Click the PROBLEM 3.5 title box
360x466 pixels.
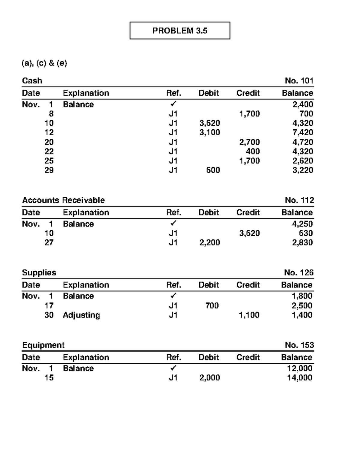pos(180,31)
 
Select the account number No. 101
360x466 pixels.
pos(299,81)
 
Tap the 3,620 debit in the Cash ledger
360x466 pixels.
pos(209,123)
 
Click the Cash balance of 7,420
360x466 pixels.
pos(303,132)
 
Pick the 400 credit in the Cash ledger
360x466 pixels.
pos(253,151)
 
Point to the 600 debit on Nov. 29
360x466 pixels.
pos(213,170)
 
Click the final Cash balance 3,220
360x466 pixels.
pos(303,170)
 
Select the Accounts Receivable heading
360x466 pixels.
pos(63,200)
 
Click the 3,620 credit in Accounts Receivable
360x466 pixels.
pos(249,233)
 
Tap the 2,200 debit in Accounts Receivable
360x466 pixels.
pos(209,242)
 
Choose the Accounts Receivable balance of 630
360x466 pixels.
pos(306,233)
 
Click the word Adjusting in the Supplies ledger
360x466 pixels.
pos(81,315)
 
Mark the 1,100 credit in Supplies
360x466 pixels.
pos(249,315)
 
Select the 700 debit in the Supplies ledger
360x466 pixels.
pos(212,306)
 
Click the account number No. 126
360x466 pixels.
pos(298,272)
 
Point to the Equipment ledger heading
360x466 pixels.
pos(43,345)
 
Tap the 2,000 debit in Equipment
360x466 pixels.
pos(209,378)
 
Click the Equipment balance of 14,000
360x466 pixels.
pos(299,378)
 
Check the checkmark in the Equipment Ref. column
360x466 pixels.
pos(173,368)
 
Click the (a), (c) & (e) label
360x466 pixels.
pos(44,63)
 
